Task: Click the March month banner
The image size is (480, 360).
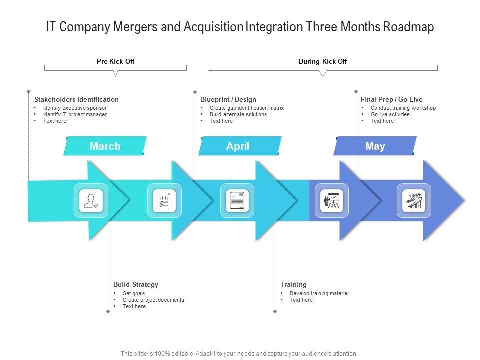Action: click(105, 146)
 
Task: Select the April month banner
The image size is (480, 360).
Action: click(238, 146)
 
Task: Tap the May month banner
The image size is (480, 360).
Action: click(375, 146)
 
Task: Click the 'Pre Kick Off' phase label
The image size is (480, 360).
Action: click(115, 62)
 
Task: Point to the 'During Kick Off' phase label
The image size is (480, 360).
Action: click(323, 62)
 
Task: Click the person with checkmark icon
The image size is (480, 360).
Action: click(91, 201)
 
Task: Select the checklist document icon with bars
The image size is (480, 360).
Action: click(164, 201)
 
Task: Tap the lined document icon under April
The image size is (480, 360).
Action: click(237, 201)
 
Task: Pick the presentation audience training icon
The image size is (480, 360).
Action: click(331, 201)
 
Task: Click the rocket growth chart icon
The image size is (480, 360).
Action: click(414, 201)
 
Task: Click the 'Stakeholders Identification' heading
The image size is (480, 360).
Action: click(76, 100)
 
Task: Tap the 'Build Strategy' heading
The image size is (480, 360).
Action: click(136, 285)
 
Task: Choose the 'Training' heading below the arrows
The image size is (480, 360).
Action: click(293, 285)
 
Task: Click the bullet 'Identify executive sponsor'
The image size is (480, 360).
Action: click(75, 108)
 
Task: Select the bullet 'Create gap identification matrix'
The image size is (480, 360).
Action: click(246, 108)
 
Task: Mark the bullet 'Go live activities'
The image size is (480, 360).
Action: click(390, 114)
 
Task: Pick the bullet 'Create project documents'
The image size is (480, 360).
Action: click(153, 300)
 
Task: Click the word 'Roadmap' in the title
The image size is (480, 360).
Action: click(408, 27)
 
